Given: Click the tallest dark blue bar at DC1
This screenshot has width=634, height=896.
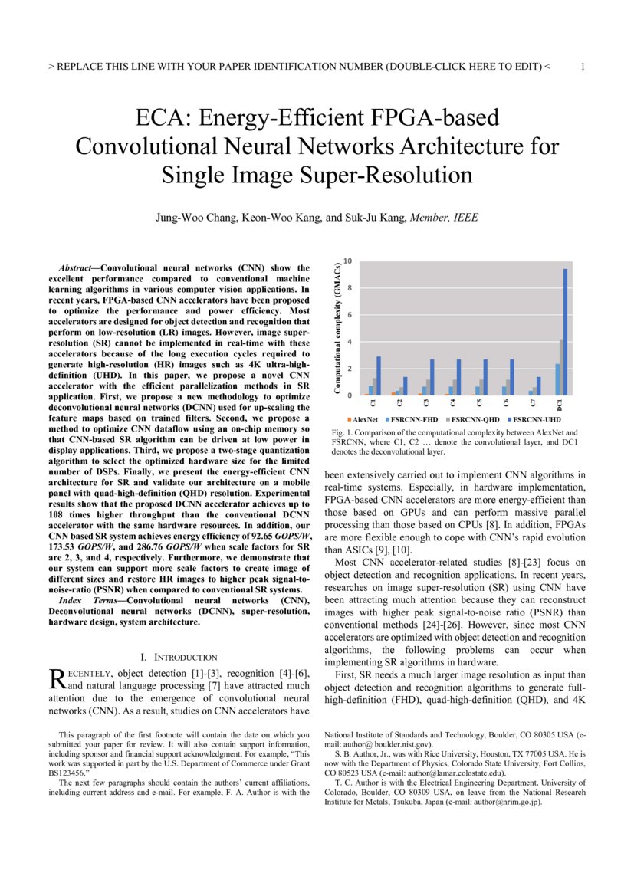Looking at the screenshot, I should pyautogui.click(x=566, y=332).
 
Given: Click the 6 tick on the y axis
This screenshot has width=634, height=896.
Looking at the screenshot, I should pyautogui.click(x=349, y=315).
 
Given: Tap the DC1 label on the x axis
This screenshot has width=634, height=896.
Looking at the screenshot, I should pyautogui.click(x=560, y=403).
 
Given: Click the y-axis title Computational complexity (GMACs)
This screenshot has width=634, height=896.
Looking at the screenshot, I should pyautogui.click(x=337, y=329).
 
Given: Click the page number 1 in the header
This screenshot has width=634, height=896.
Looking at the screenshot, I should pyautogui.click(x=583, y=67).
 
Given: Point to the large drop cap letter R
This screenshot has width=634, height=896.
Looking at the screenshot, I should pyautogui.click(x=56, y=678).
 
